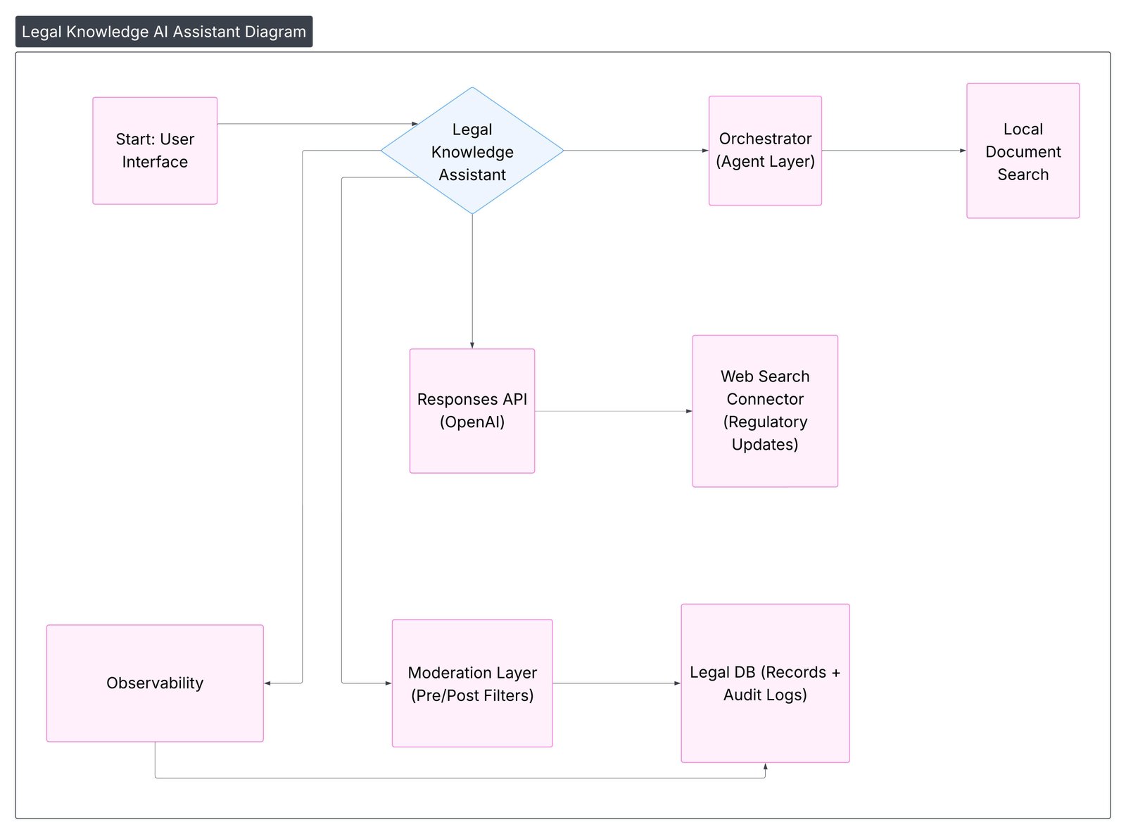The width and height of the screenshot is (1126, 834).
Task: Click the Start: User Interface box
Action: pyautogui.click(x=155, y=151)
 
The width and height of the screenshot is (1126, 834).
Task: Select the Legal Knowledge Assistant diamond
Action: pyautogui.click(x=472, y=151)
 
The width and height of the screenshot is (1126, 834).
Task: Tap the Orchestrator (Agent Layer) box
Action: pyautogui.click(x=765, y=151)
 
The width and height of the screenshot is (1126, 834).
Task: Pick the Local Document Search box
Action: pyautogui.click(x=1023, y=151)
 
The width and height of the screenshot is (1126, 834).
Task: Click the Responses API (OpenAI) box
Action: pyautogui.click(x=472, y=411)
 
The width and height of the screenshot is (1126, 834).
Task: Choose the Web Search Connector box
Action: pyautogui.click(x=765, y=411)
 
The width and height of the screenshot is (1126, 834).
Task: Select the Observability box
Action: pyautogui.click(x=155, y=683)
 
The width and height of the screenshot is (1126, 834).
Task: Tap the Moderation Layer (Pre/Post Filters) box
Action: pyautogui.click(x=472, y=683)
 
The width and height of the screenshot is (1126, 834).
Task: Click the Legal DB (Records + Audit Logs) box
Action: pyautogui.click(x=765, y=683)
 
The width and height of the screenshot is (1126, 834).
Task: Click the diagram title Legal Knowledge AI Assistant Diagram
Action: pyautogui.click(x=164, y=32)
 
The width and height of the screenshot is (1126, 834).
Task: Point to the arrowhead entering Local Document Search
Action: pyautogui.click(x=963, y=151)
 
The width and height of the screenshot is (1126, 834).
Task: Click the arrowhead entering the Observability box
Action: pyautogui.click(x=268, y=683)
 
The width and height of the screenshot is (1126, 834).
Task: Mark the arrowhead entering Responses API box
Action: pyautogui.click(x=472, y=345)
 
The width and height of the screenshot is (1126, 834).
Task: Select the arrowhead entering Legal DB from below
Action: pyautogui.click(x=765, y=767)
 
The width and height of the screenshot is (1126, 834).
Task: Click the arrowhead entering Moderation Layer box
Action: pyautogui.click(x=388, y=683)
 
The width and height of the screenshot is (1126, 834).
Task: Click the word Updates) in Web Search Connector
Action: pyautogui.click(x=765, y=445)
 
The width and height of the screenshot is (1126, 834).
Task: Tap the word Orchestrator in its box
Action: pyautogui.click(x=765, y=139)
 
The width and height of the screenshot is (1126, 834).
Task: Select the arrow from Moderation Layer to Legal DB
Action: pyautogui.click(x=616, y=683)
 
